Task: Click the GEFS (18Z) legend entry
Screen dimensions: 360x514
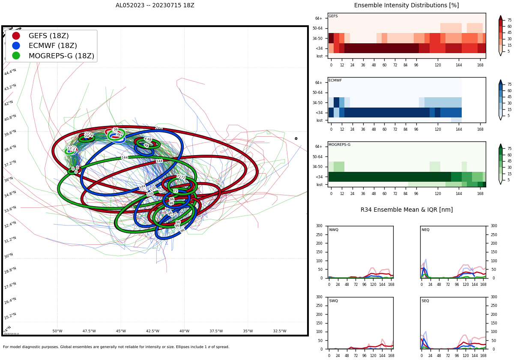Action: tap(48, 36)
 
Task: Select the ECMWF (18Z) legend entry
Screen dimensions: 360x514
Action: tap(53, 46)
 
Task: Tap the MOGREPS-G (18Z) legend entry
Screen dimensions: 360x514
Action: tap(61, 56)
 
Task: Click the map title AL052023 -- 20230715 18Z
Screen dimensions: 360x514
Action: tap(155, 6)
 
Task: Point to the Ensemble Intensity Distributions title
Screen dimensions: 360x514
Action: tap(406, 6)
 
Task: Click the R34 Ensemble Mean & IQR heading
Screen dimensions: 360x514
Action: tap(406, 210)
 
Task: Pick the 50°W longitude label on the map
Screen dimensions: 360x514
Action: tap(57, 331)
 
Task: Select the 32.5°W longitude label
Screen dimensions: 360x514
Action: tap(280, 331)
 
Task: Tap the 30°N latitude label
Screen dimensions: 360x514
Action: tap(9, 256)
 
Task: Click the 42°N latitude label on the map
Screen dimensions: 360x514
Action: tap(9, 103)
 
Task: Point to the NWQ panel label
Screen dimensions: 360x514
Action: tap(334, 230)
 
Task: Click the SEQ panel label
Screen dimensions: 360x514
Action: tap(425, 301)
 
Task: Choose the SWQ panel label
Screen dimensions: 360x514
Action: tap(334, 301)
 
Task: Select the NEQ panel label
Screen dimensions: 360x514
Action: tap(425, 230)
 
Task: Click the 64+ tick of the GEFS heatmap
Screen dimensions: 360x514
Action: tap(319, 18)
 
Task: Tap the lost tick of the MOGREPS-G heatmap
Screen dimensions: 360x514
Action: tap(320, 185)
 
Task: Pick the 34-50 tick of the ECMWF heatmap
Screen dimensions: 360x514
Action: tap(317, 103)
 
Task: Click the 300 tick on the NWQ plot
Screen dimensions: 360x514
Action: tap(319, 226)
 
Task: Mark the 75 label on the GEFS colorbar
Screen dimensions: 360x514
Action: tap(509, 20)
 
